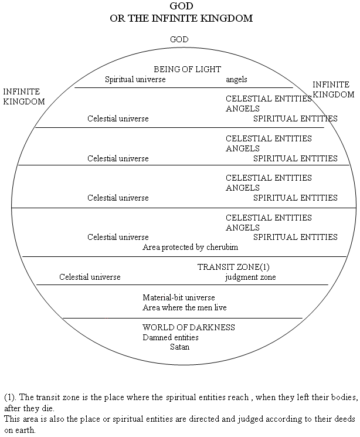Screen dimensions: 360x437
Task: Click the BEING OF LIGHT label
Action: point(187,69)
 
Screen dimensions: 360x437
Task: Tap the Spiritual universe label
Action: point(135,79)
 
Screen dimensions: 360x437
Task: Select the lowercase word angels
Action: point(236,80)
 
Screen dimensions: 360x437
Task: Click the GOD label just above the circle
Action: point(179,39)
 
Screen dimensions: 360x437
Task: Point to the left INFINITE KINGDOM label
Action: point(24,96)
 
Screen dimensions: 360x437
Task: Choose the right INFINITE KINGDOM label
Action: point(333,90)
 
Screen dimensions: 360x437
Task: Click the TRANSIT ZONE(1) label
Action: point(233,267)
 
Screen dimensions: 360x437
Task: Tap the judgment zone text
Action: point(250,277)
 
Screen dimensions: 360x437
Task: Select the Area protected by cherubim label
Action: point(191,247)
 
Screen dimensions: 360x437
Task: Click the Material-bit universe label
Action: point(179,297)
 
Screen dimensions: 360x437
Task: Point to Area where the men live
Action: point(185,307)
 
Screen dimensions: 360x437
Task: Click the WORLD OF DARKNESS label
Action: point(189,327)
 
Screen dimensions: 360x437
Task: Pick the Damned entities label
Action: point(171,337)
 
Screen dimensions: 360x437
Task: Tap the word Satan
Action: point(180,347)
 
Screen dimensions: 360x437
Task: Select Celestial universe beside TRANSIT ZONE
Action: point(90,277)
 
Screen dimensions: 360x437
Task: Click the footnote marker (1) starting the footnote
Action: point(10,397)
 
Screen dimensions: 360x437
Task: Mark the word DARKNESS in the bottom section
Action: point(213,327)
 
